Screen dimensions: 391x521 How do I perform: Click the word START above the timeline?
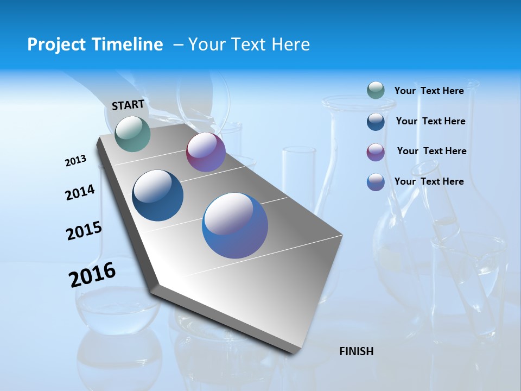(128, 104)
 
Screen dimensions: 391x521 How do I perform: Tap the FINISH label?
(356, 351)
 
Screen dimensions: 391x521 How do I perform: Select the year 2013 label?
(75, 161)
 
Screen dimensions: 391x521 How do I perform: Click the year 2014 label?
(80, 192)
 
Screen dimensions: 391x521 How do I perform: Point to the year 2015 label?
(84, 231)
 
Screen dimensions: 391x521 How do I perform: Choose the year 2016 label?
(92, 275)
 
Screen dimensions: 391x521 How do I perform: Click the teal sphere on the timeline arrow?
(132, 134)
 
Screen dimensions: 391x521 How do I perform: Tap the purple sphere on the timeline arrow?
(206, 152)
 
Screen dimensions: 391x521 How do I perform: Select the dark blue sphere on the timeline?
(157, 195)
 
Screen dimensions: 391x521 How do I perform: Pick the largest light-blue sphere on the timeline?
(235, 225)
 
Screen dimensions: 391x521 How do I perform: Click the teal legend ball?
(376, 91)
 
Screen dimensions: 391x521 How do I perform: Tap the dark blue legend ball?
(376, 121)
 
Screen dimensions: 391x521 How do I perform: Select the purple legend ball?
(376, 152)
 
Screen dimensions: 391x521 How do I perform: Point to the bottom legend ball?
(376, 182)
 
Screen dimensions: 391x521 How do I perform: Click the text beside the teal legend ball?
(429, 91)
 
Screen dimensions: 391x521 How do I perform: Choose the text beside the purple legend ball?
(431, 151)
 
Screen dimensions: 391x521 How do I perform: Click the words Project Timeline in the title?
(95, 45)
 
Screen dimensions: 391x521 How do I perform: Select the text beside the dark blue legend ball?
(430, 121)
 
